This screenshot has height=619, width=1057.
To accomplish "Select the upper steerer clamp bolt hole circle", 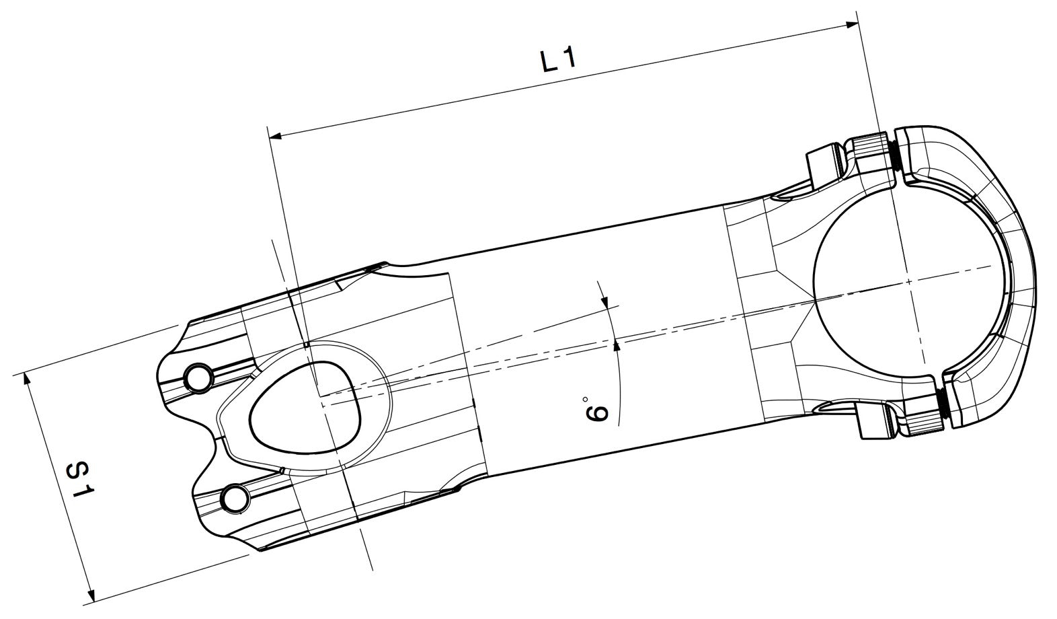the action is (x=198, y=377).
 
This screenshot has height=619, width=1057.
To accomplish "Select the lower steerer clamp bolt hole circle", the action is (x=235, y=498).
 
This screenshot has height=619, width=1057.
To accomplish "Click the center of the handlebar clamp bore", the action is (x=908, y=283).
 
